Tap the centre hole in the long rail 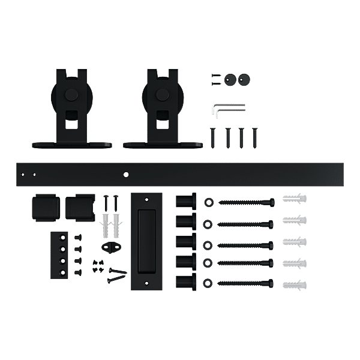point(126,175)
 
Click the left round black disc point(230,79)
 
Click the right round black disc point(243,79)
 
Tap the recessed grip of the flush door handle point(146,240)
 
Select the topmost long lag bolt point(246,202)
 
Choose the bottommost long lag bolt point(246,283)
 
